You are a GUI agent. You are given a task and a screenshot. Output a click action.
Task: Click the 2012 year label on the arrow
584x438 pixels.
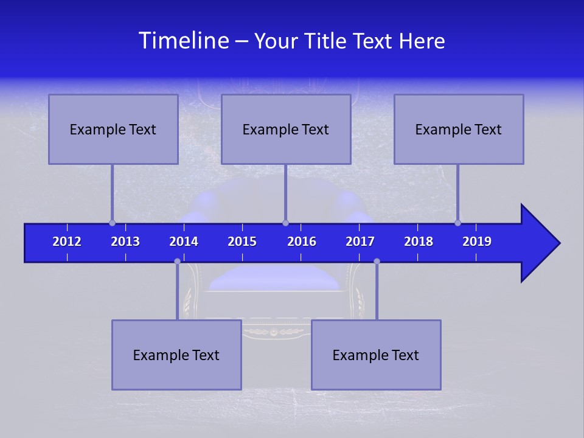(67, 242)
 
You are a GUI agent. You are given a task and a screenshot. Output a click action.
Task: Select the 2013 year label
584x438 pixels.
(125, 242)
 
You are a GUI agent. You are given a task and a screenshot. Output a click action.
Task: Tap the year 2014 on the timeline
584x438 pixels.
(184, 242)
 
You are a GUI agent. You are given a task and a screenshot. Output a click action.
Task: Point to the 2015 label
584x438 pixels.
(242, 242)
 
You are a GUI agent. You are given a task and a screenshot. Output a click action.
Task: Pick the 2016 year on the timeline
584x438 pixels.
(302, 242)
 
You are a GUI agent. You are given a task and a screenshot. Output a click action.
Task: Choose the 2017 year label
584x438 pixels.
(360, 242)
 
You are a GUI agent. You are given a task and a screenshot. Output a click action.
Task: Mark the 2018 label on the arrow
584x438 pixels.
(419, 242)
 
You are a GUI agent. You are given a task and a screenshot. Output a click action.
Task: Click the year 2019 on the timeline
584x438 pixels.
(477, 242)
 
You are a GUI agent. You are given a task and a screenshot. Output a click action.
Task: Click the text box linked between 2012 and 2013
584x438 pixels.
(113, 129)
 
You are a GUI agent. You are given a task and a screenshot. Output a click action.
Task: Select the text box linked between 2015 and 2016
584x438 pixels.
(286, 129)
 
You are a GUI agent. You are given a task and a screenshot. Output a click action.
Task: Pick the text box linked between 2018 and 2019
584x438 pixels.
(459, 129)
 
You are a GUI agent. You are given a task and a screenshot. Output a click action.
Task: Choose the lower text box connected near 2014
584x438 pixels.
(176, 355)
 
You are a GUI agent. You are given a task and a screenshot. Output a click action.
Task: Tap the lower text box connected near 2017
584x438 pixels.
(376, 355)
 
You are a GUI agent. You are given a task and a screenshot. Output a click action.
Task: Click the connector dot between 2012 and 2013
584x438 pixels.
(112, 223)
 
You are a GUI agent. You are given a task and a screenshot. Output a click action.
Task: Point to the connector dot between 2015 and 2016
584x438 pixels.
(285, 223)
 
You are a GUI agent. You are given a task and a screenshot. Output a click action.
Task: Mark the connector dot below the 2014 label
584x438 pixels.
(177, 261)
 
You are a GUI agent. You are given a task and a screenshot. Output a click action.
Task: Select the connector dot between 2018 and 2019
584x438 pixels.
(458, 223)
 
